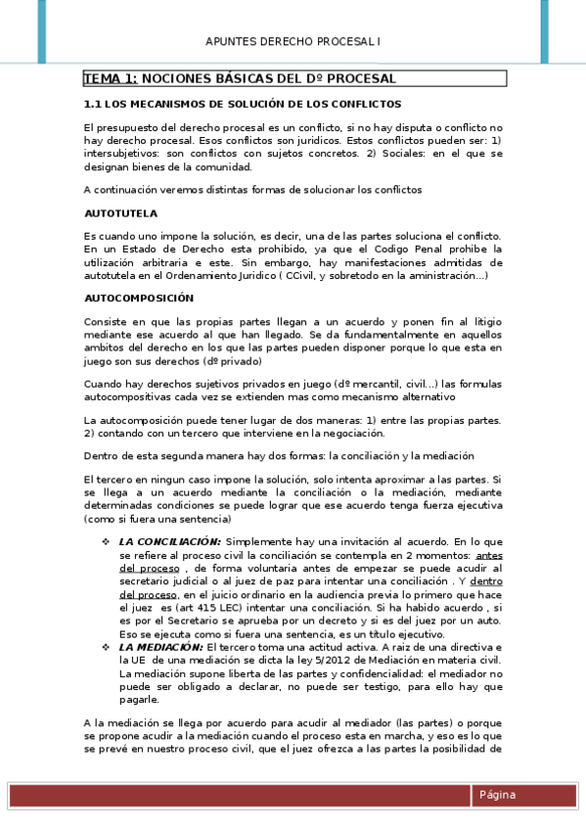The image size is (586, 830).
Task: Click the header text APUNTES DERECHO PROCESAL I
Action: point(293,41)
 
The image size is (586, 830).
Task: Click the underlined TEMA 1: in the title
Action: point(110,78)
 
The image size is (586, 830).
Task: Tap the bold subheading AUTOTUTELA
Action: point(120,212)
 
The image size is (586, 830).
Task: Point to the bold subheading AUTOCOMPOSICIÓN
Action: point(139,298)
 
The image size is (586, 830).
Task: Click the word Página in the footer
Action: point(497,795)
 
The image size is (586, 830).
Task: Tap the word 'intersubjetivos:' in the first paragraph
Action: point(121,154)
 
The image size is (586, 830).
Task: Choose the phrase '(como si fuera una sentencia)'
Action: point(151,520)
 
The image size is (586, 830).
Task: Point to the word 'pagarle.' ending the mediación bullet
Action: point(138,700)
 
